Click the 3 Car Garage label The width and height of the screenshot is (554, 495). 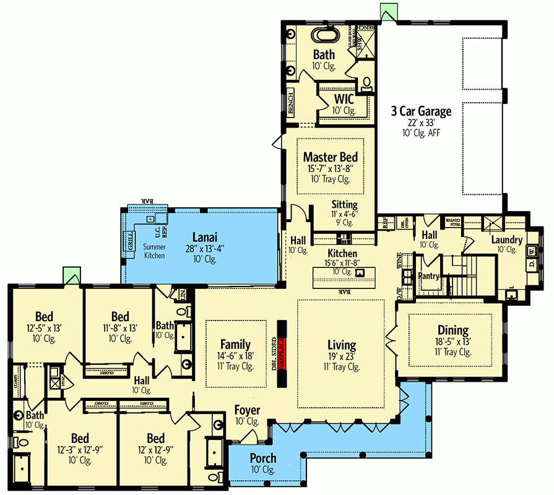coord(420,111)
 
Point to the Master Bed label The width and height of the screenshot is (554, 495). coord(331,157)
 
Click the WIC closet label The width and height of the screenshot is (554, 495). coord(344,99)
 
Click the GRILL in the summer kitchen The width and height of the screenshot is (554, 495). coord(131,242)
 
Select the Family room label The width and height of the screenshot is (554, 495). coord(236,345)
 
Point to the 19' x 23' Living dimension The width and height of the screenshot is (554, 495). coord(342,356)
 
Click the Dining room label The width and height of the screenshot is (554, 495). coord(452,330)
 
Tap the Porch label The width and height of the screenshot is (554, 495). coord(263,458)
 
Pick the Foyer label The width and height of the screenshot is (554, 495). coord(247,410)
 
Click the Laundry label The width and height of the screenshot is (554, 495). coord(507,239)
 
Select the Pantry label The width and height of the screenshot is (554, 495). coord(429,275)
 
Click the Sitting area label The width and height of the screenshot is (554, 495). coord(344,204)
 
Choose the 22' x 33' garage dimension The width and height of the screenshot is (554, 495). coord(420,123)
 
